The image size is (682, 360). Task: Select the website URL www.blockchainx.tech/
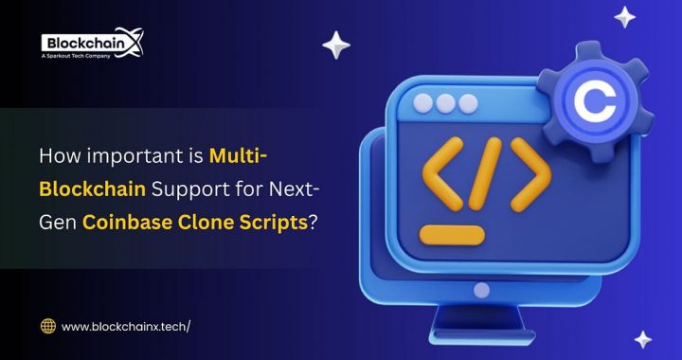(x=126, y=326)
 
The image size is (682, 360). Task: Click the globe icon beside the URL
(x=48, y=326)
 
